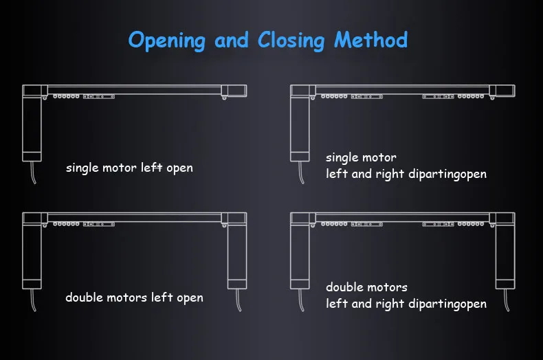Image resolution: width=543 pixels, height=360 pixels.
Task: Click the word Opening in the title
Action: pyautogui.click(x=166, y=40)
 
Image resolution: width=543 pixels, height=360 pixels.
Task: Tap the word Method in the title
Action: pyautogui.click(x=370, y=40)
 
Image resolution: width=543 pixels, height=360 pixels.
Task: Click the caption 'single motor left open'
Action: pyautogui.click(x=129, y=168)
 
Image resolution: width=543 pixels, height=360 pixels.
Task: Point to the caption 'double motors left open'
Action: pyautogui.click(x=134, y=297)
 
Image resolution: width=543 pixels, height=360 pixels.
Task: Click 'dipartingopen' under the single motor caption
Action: pyautogui.click(x=446, y=174)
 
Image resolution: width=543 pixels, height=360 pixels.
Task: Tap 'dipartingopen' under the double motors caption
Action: pyautogui.click(x=446, y=303)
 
